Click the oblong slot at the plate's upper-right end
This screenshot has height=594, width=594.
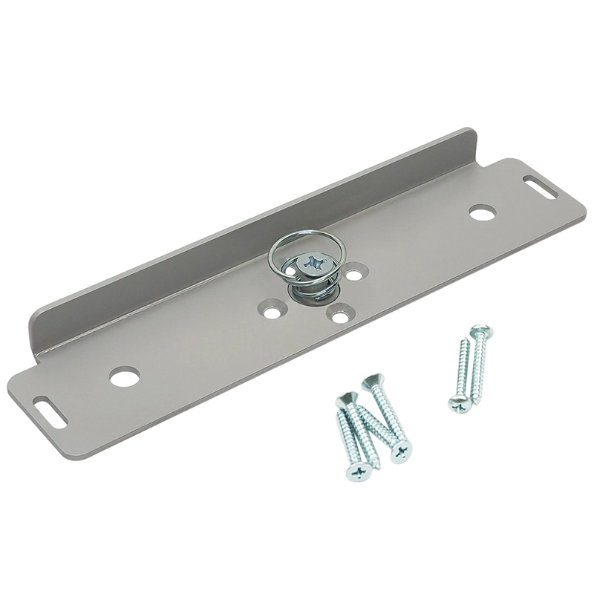coord(541,186)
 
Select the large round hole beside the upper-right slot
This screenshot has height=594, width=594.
coord(482,213)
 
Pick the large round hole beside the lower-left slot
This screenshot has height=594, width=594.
coord(125,376)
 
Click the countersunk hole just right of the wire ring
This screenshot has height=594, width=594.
coord(355,275)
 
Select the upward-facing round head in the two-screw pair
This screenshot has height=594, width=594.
coord(481,332)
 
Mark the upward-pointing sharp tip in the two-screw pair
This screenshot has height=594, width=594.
coord(465,342)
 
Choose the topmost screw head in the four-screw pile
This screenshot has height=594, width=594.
coord(371,382)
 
